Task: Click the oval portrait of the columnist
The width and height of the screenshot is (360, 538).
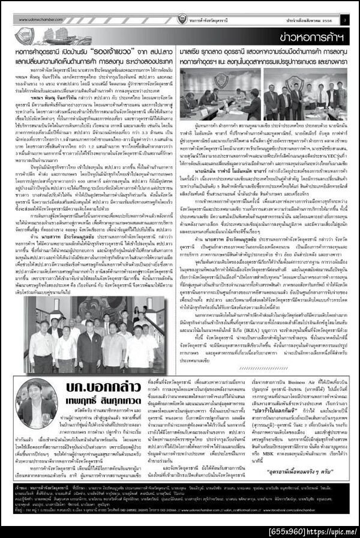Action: point(32,418)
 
